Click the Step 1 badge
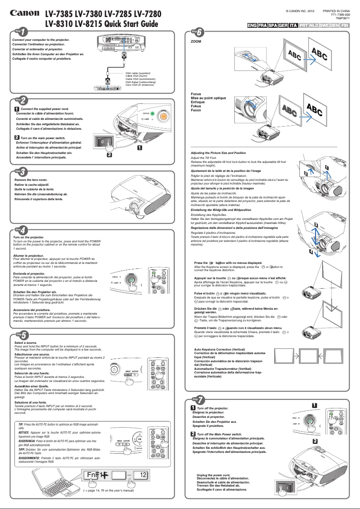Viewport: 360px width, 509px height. [x=20, y=31]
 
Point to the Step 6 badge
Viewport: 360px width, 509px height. [x=198, y=32]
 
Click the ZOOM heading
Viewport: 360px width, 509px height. [x=196, y=41]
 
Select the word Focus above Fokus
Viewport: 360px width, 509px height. [x=196, y=94]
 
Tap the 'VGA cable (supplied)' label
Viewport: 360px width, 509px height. [x=138, y=72]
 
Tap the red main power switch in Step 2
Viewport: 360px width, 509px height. [x=103, y=141]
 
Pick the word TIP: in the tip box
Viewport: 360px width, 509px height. [x=22, y=424]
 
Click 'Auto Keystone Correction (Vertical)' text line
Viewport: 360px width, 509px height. [x=219, y=349]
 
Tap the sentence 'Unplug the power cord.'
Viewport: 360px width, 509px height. [x=213, y=475]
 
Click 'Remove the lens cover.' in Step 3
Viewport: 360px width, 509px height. [x=31, y=180]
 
